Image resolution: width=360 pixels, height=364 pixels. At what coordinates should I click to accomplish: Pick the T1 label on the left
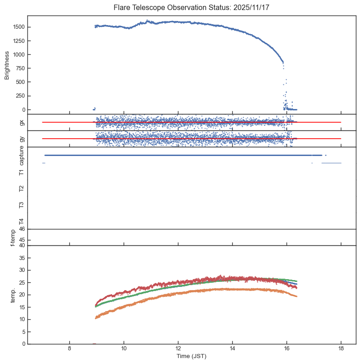(21, 172)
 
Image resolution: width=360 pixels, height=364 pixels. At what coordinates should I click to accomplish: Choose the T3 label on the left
(21, 205)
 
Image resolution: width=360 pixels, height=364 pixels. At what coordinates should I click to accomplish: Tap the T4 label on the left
(21, 221)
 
